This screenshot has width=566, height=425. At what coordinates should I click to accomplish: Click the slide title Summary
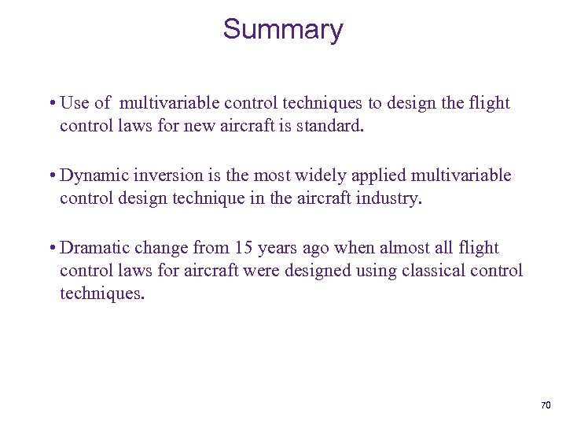(283, 30)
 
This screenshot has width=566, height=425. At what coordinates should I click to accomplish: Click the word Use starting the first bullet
(75, 103)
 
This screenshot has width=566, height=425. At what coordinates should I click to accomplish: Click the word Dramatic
(94, 248)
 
